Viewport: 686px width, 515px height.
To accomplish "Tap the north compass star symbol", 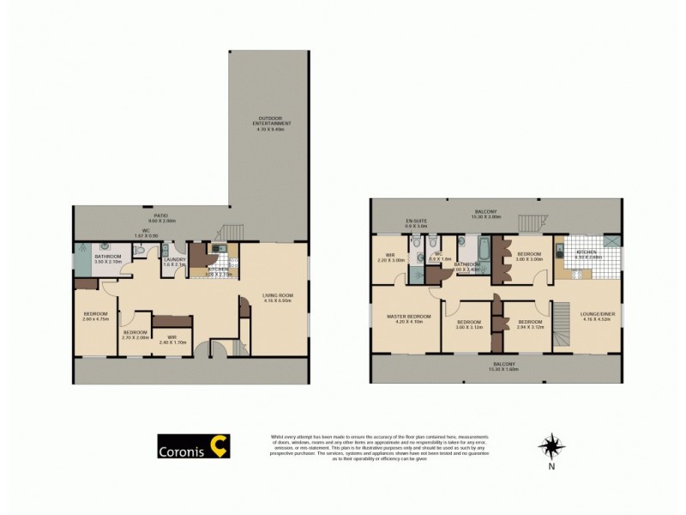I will click(x=551, y=446).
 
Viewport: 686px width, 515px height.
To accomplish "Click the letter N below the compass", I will click(x=551, y=467).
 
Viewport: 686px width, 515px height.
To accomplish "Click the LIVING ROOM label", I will click(x=276, y=297).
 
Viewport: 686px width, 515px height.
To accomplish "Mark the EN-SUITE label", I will click(x=417, y=221).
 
